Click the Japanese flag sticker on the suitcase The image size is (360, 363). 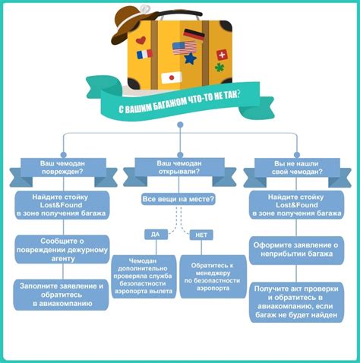click(172, 77)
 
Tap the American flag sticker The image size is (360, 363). click(185, 48)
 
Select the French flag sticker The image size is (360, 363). click(144, 54)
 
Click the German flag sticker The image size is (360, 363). click(194, 34)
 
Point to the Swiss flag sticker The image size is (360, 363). click(222, 55)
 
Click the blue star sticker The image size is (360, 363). click(191, 58)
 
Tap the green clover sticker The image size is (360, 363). click(219, 68)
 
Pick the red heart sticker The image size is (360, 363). click(141, 40)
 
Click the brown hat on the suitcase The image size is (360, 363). click(134, 24)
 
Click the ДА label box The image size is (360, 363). click(156, 235)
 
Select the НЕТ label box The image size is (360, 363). click(201, 235)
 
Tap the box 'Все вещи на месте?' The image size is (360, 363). click(178, 199)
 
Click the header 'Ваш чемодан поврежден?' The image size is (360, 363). click(63, 168)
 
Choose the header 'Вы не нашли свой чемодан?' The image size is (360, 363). click(297, 168)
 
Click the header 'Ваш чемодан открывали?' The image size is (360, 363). click(179, 168)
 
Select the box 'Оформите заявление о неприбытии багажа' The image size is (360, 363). click(296, 250)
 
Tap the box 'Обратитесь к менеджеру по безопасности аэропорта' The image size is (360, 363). click(213, 276)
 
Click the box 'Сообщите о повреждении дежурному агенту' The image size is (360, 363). click(62, 249)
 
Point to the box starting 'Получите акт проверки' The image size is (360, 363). click(297, 302)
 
